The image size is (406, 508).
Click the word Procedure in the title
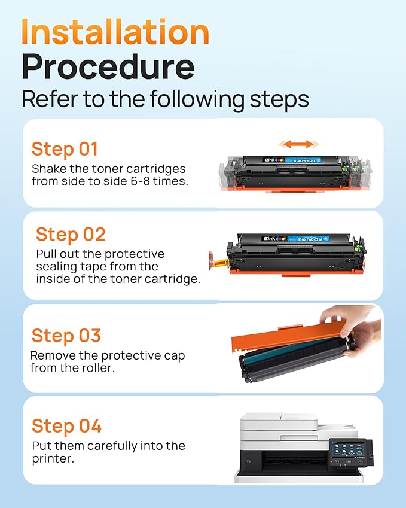tap(108, 68)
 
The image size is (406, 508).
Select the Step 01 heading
tap(65, 149)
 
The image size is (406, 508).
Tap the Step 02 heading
tap(71, 234)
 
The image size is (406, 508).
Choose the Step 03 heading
tap(66, 336)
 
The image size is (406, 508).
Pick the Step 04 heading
tap(66, 426)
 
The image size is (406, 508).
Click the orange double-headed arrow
tap(299, 144)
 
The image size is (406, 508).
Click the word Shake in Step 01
tap(48, 169)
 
